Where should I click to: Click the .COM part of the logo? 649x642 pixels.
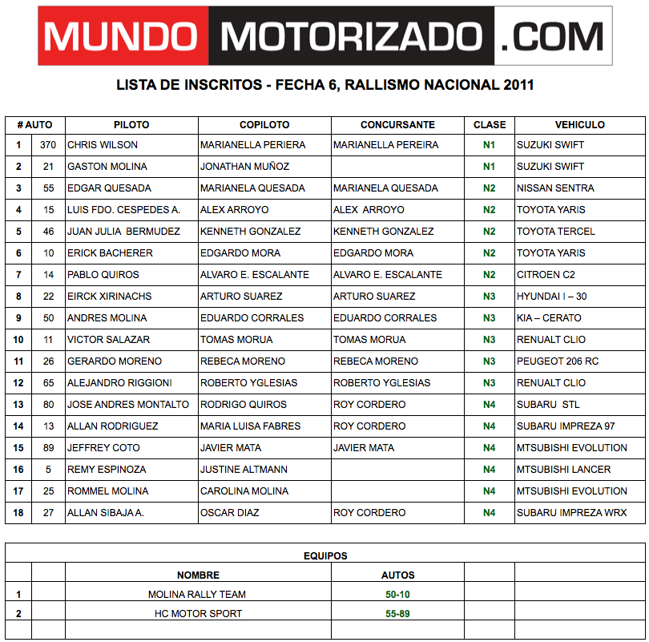point(553,36)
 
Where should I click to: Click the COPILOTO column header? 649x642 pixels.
point(264,125)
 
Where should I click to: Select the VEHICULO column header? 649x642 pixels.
point(579,125)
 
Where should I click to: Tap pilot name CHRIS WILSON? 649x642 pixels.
point(103,145)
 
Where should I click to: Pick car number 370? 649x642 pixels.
point(48,145)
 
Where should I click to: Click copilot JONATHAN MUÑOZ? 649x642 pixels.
point(244,167)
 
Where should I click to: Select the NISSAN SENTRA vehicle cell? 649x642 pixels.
point(555,188)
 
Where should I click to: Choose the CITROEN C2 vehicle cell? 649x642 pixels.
point(547,275)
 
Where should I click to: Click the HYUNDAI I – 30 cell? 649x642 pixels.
point(551,297)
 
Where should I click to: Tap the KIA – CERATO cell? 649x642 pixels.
point(549,318)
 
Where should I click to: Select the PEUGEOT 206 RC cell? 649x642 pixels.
point(558,361)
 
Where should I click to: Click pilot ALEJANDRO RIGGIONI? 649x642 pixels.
point(119,383)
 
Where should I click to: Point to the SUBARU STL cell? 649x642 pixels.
point(548,405)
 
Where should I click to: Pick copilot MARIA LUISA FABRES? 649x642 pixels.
point(251,426)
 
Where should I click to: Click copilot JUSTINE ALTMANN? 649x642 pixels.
point(244,470)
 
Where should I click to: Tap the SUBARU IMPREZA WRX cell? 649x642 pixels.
point(571,513)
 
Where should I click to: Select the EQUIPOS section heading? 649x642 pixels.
point(325,555)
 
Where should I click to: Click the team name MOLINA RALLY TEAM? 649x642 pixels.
point(197,595)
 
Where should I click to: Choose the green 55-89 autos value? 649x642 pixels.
point(397,614)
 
